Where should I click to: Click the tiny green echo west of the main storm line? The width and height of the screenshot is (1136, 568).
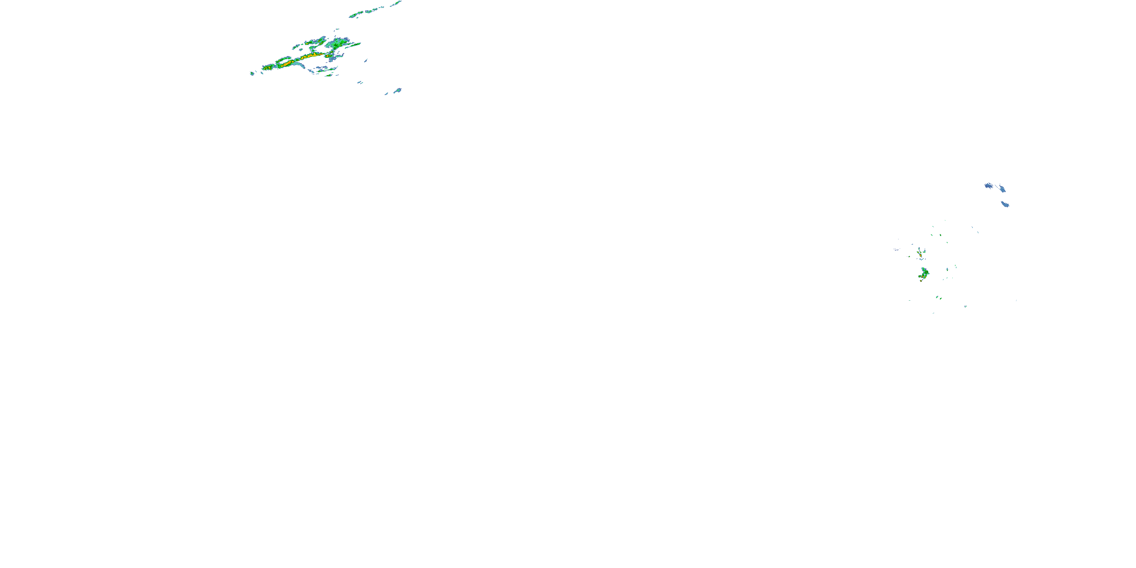252,73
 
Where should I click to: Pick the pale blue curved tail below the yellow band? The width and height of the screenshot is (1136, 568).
300,65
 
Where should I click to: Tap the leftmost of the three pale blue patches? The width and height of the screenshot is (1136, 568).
988,186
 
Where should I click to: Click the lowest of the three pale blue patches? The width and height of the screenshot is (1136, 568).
1005,204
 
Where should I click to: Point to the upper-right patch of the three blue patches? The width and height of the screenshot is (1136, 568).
1002,189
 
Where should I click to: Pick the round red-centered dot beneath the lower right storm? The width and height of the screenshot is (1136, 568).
921,281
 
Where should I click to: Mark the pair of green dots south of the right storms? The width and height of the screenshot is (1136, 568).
939,298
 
